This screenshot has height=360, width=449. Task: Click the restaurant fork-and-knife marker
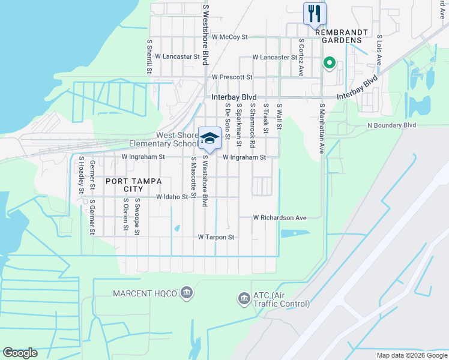[x=315, y=13]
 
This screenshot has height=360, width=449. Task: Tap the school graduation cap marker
[x=209, y=138]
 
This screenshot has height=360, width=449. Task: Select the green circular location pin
[x=329, y=62]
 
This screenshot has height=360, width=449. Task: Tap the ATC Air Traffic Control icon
[x=244, y=298]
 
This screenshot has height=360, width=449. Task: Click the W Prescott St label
[x=232, y=77]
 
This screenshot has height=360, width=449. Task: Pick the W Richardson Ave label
[x=280, y=217]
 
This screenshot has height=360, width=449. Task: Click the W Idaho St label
[x=172, y=197]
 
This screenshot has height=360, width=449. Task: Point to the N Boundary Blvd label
[x=391, y=125]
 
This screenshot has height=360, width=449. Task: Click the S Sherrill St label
[x=149, y=57]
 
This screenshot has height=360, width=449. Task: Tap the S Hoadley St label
[x=81, y=175]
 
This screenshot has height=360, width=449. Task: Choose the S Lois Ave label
[x=379, y=50]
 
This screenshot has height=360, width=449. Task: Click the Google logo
[x=20, y=353]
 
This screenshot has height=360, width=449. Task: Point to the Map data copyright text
[x=411, y=355]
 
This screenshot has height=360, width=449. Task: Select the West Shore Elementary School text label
[x=177, y=140]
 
